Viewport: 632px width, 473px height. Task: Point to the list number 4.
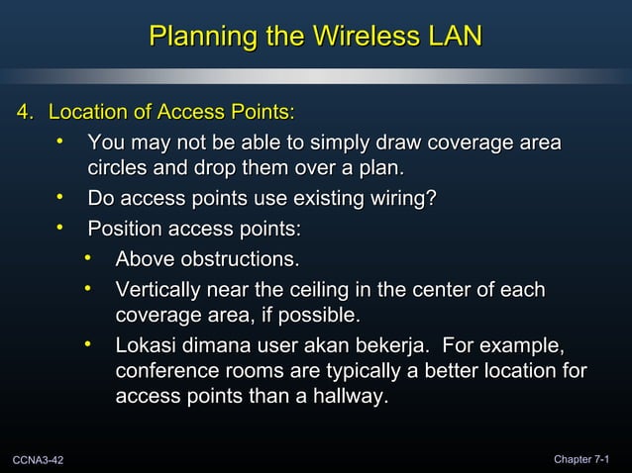coord(25,110)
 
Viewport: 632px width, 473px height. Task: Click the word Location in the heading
coord(91,110)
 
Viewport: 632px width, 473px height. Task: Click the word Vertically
coord(159,291)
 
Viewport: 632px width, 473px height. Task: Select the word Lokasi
coord(145,347)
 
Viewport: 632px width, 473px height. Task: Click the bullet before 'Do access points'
coord(60,199)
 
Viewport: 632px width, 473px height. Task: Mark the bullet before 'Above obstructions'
coord(88,259)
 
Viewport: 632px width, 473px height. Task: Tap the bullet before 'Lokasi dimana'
coord(88,346)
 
